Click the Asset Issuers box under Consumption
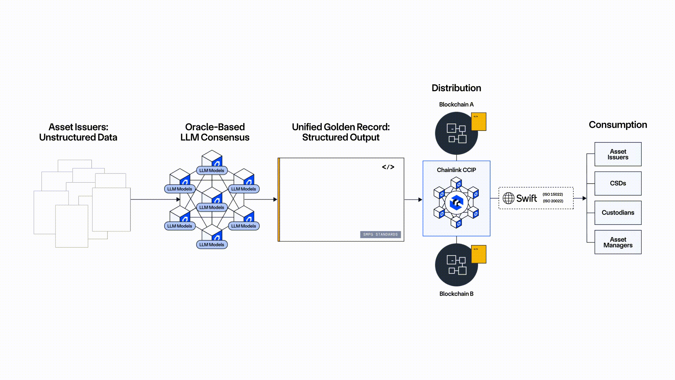click(618, 154)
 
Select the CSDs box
click(618, 183)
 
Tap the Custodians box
click(618, 213)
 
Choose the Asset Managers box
click(618, 242)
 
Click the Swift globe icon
click(508, 198)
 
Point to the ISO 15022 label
click(553, 194)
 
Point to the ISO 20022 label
click(553, 201)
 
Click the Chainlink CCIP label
click(456, 170)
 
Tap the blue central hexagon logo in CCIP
click(456, 203)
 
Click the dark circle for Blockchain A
click(456, 133)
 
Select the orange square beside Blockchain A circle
click(478, 121)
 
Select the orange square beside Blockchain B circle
click(478, 254)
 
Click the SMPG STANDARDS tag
click(380, 234)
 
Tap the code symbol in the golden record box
click(388, 167)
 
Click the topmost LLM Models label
click(212, 171)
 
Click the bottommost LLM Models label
click(212, 245)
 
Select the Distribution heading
click(456, 88)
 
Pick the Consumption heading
click(618, 125)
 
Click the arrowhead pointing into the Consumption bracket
click(584, 198)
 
